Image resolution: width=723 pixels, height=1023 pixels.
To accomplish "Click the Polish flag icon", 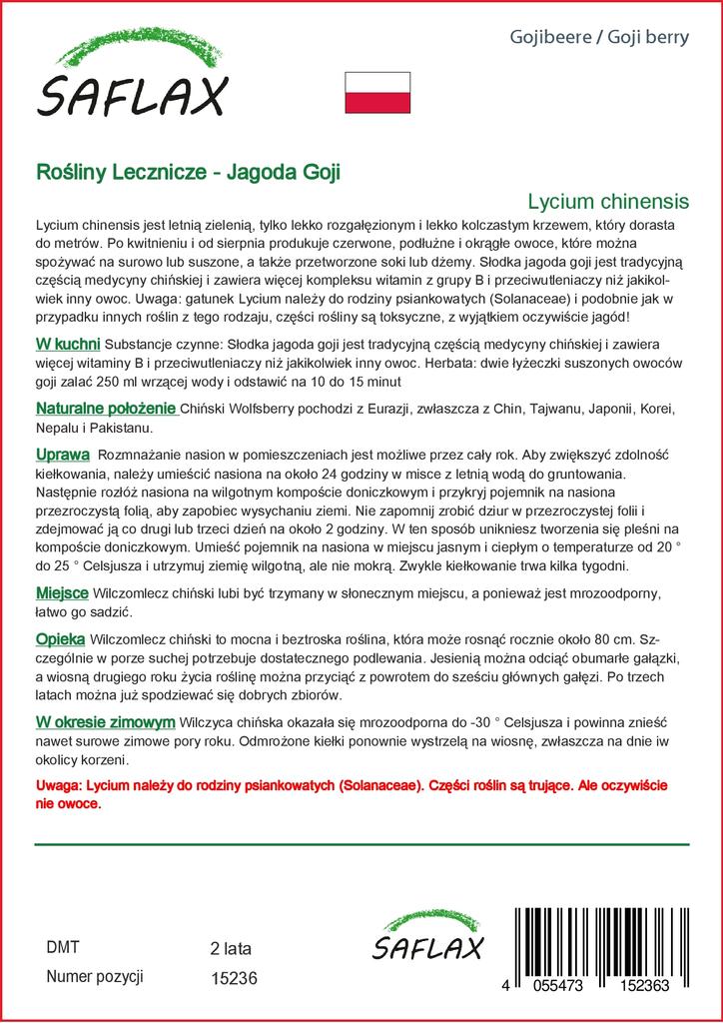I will tap(377, 92).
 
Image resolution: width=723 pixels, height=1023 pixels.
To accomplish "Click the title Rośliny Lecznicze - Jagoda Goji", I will tap(188, 171).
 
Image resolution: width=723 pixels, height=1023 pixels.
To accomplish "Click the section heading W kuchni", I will tap(67, 345).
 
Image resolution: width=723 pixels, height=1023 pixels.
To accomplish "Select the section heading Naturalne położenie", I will tap(106, 409).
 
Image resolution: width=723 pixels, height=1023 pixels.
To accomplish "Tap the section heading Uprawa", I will tap(64, 454).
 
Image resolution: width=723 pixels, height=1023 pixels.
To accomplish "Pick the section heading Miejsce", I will tap(62, 592).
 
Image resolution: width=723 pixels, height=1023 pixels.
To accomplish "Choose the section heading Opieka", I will tap(60, 637).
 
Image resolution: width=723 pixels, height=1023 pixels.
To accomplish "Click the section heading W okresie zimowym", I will tap(106, 721).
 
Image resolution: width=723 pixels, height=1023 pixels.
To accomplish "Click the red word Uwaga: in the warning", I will tap(59, 786).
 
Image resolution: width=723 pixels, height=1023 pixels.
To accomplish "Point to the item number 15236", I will tap(235, 979).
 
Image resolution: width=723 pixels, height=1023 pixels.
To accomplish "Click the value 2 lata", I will tap(231, 948).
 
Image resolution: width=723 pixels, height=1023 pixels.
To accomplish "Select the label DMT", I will tap(63, 947).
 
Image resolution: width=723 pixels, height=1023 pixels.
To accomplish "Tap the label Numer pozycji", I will tap(96, 977).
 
